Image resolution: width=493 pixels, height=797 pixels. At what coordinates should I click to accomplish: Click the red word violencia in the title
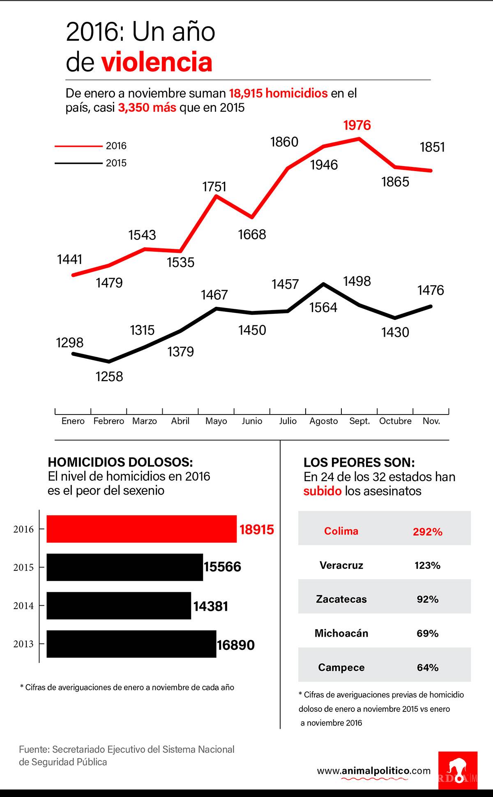[x=157, y=63]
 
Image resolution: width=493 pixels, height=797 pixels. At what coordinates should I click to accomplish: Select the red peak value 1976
[x=357, y=125]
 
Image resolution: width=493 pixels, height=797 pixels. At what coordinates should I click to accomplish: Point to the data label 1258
[x=109, y=376]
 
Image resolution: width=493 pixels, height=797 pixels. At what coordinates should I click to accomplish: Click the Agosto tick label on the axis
[x=324, y=421]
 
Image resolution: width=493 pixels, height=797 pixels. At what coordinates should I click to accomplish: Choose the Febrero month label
[x=109, y=421]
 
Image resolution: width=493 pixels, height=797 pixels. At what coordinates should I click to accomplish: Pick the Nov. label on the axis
[x=431, y=421]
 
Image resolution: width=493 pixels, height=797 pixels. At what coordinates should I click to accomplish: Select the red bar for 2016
[x=141, y=529]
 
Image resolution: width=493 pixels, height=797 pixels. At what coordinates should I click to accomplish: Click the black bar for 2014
[x=119, y=605]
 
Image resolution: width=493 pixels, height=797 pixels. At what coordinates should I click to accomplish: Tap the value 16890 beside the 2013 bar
[x=236, y=645]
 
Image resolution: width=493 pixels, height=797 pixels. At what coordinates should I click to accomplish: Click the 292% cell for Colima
[x=428, y=532]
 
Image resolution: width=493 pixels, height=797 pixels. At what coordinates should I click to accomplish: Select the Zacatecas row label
[x=341, y=599]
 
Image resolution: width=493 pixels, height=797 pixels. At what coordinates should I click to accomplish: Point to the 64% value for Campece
[x=428, y=667]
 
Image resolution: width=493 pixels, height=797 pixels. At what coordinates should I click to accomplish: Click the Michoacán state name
[x=341, y=633]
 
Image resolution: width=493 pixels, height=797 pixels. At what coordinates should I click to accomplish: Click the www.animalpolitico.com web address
[x=374, y=771]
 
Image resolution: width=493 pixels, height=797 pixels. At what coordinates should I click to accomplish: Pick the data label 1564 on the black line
[x=323, y=308]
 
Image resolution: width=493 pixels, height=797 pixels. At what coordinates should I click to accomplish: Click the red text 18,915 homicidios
[x=278, y=93]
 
